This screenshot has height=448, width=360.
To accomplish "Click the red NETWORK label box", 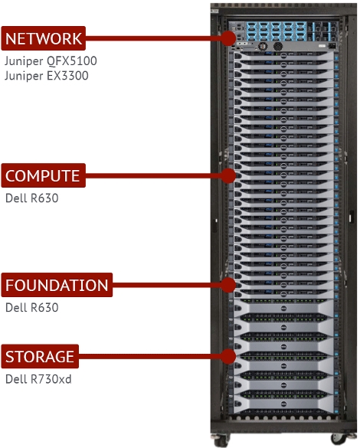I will (x=43, y=38).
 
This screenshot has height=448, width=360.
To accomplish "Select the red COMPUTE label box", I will (x=43, y=176).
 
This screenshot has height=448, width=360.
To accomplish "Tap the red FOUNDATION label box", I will (x=57, y=286).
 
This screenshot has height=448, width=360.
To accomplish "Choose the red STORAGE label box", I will (x=40, y=357).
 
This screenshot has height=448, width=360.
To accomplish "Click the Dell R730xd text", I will (x=38, y=379).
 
